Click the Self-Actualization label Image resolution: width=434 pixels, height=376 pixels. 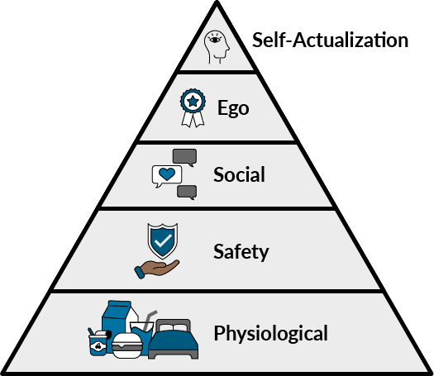tap(330, 40)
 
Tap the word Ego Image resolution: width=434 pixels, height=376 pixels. tap(233, 108)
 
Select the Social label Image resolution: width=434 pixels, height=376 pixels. tap(239, 174)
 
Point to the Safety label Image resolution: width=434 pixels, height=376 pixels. tap(241, 251)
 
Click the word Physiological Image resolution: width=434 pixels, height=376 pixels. tap(270, 334)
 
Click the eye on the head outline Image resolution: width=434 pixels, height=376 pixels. tap(215, 40)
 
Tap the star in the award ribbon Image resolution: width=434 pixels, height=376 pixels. tap(193, 102)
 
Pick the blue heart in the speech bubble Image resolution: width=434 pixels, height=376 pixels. tap(167, 174)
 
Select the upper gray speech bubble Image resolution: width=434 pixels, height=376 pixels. tap(185, 158)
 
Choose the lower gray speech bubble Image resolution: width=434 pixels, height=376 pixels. tap(187, 193)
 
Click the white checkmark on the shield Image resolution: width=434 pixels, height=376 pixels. tap(163, 240)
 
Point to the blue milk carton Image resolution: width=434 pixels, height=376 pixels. tap(117, 321)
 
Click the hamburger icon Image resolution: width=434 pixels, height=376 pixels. tap(127, 346)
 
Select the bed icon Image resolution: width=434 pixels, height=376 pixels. tap(174, 340)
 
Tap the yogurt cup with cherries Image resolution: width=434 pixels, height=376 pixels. tap(98, 343)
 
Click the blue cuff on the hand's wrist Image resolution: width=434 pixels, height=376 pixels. tap(140, 272)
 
